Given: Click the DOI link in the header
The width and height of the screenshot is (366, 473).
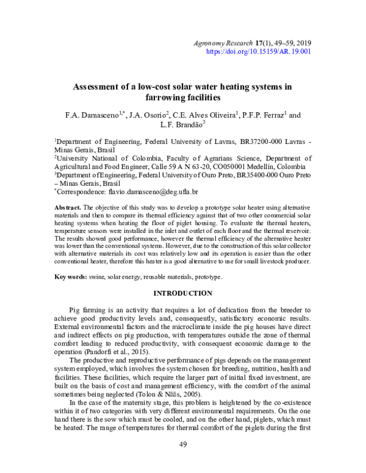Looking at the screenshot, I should click(260, 52).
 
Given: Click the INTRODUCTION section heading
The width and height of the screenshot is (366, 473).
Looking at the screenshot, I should click(182, 293).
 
